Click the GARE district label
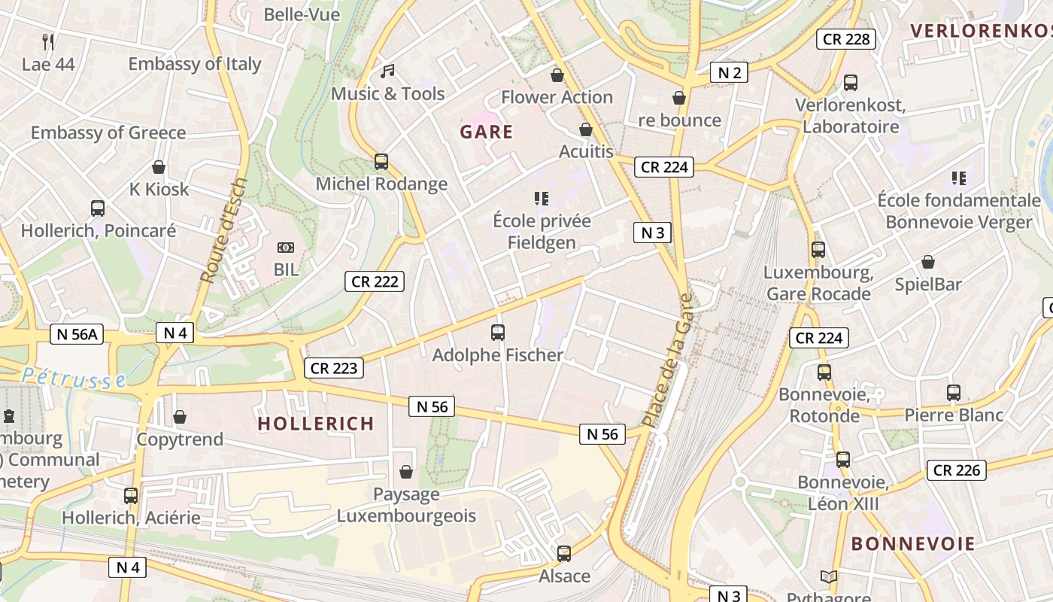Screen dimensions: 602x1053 point(487,132)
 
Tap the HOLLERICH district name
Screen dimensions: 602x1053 point(316,424)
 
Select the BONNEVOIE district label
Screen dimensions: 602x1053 point(913,544)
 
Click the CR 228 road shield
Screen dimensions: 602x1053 point(846,39)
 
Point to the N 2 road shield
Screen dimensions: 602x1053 point(730,72)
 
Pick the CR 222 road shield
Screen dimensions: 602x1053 point(375,281)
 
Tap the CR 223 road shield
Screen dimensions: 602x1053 point(334,368)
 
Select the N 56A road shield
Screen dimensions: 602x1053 point(77,334)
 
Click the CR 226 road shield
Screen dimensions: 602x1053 point(956,470)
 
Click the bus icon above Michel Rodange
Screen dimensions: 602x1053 point(381,162)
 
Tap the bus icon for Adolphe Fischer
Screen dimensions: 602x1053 point(497,332)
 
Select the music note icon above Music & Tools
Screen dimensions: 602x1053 point(387,71)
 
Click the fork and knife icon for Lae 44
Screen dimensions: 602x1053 point(48,41)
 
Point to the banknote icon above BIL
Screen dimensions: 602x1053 point(286,248)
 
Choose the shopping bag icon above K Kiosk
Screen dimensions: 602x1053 point(159,167)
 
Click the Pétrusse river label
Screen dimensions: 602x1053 point(74,378)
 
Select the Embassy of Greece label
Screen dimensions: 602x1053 point(108,133)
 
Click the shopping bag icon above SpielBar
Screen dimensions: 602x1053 point(928,263)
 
